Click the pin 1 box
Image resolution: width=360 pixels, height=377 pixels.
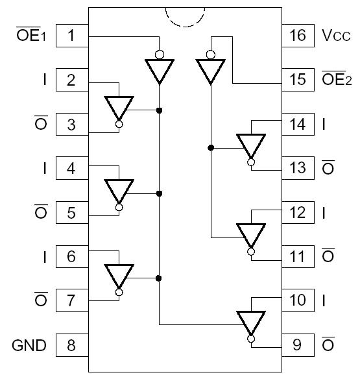click(71, 35)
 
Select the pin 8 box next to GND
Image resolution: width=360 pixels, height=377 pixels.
click(71, 345)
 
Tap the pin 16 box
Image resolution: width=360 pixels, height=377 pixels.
click(297, 35)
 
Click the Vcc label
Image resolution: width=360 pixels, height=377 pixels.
click(336, 35)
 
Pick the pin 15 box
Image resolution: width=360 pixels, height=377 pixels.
click(297, 80)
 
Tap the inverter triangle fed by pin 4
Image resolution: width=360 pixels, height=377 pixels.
click(119, 190)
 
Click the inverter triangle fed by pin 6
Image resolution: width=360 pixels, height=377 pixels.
click(119, 275)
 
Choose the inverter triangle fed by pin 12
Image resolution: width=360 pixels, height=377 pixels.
click(251, 234)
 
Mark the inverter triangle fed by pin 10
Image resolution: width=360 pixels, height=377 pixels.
click(251, 322)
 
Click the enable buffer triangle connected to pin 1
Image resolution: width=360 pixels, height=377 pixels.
click(159, 70)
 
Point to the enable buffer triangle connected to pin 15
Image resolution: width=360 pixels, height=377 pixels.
click(210, 70)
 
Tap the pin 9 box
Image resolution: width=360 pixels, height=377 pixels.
click(297, 345)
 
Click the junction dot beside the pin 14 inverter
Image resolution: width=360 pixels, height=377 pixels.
click(210, 148)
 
